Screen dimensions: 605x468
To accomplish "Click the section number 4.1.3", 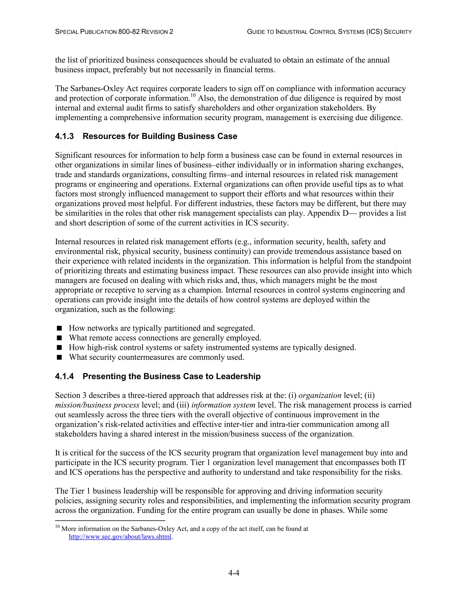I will click(x=64, y=136).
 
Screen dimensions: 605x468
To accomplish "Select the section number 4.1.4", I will click(x=64, y=376).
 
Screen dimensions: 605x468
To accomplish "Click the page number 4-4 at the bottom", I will click(x=234, y=573).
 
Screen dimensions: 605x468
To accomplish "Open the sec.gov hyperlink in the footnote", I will click(x=120, y=537).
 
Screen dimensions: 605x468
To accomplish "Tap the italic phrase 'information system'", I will click(x=223, y=405).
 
